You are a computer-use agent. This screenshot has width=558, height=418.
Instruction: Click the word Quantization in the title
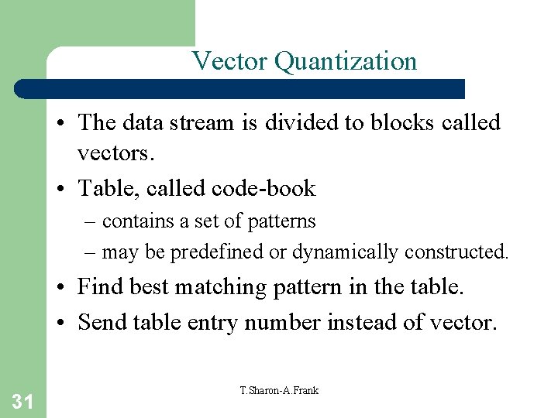pos(346,61)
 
